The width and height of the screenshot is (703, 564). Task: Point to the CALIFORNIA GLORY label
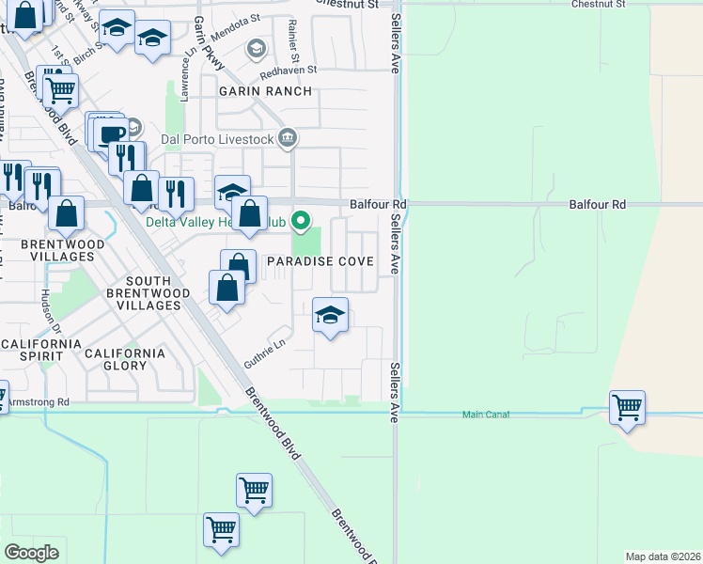(124, 354)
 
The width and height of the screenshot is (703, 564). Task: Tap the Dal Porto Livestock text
(217, 140)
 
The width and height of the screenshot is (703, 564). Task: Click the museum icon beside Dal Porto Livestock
(288, 140)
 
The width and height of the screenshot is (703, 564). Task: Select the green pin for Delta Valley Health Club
(301, 222)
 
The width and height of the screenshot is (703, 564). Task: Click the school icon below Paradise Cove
(330, 315)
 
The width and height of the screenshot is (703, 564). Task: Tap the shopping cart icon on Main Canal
(627, 408)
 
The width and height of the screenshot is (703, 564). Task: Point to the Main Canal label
(486, 415)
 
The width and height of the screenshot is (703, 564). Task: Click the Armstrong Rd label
(38, 401)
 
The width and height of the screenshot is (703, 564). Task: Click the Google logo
(31, 552)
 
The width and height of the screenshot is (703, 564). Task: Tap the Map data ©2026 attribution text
(663, 556)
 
